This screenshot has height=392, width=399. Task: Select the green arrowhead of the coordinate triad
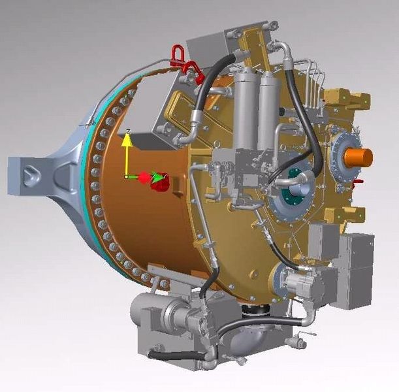(x=156, y=176)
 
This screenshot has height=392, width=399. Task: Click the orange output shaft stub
(x=358, y=157)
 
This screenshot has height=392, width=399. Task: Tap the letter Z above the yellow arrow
(x=129, y=131)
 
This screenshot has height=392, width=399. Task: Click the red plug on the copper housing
(x=159, y=183)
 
